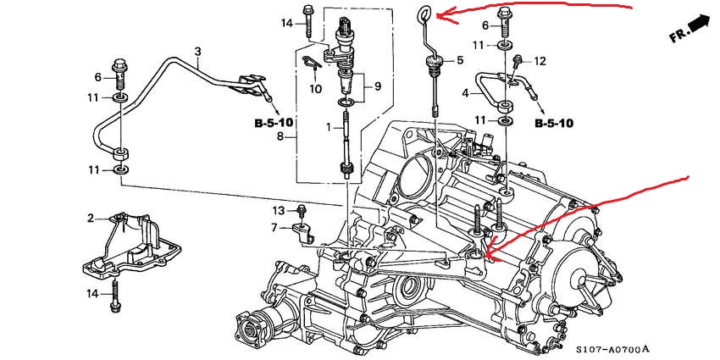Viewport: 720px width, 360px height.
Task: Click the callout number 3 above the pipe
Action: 197,52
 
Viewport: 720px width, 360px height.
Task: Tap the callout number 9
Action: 377,86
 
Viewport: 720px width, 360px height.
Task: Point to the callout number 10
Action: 315,88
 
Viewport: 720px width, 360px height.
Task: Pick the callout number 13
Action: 278,209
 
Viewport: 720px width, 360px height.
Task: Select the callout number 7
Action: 274,227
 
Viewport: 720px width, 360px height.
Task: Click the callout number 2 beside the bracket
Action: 91,219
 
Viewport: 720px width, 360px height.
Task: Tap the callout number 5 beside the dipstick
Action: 460,60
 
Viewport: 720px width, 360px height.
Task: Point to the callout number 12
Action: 540,61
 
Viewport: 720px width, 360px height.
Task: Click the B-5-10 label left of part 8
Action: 274,123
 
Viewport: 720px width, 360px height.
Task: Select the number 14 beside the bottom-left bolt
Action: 91,293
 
